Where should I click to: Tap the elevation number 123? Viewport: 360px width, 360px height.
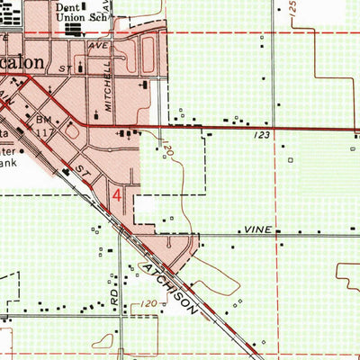[262, 134]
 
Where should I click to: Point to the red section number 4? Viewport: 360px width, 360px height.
[117, 193]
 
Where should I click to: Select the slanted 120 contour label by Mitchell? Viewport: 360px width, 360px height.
[168, 149]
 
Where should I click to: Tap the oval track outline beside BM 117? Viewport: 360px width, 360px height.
[71, 132]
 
